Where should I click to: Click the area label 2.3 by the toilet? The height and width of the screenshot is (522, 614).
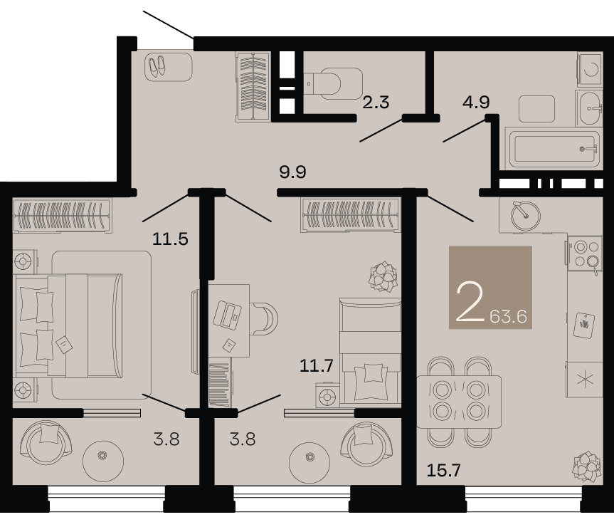tap(376, 103)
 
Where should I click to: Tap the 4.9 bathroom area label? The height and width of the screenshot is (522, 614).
tap(476, 102)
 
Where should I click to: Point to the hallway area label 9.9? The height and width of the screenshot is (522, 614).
tap(292, 172)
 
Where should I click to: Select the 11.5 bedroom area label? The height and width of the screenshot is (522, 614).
tap(170, 239)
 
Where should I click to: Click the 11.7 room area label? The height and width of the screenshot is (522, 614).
tap(317, 365)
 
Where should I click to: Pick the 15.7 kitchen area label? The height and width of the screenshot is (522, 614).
tap(443, 470)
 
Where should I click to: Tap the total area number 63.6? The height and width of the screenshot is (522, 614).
tap(508, 316)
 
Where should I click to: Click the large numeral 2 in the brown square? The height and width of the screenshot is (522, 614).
tap(470, 302)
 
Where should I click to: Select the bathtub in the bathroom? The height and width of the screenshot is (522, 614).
tap(553, 149)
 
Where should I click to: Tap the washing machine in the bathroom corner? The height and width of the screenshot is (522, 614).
tap(590, 69)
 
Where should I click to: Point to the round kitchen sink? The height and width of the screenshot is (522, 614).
tap(526, 216)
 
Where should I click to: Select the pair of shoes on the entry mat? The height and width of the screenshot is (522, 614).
tap(157, 66)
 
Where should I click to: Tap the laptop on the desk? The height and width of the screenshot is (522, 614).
tap(228, 314)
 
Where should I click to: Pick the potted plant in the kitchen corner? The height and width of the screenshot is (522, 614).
tap(586, 466)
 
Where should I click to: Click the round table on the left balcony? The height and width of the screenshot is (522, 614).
tap(102, 456)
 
